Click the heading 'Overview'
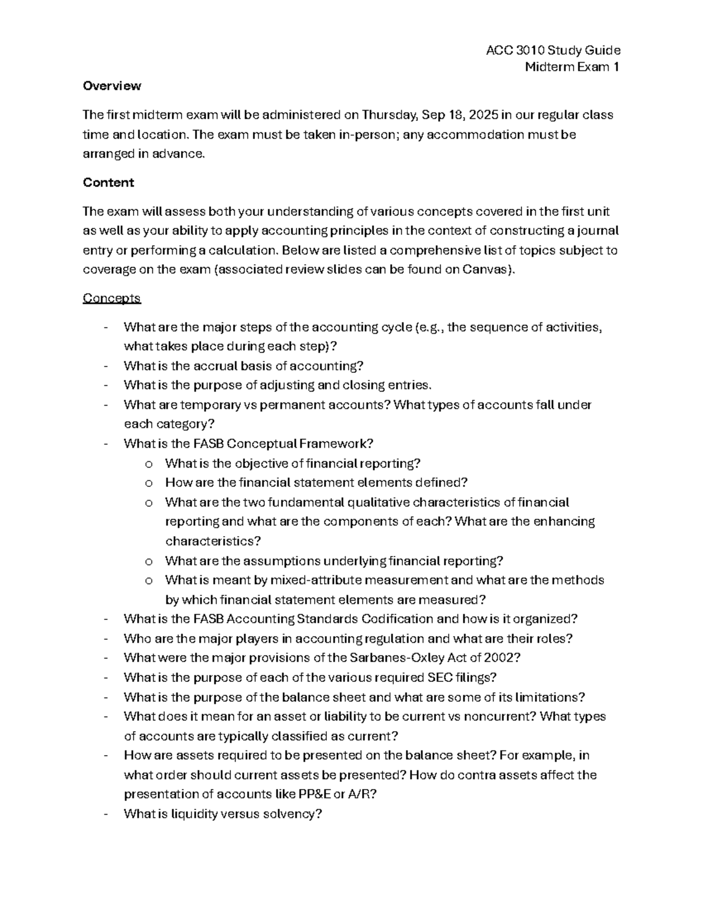pyautogui.click(x=111, y=86)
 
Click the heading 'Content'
pyautogui.click(x=108, y=183)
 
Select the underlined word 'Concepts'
pyautogui.click(x=111, y=299)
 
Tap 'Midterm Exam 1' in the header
pyautogui.click(x=572, y=67)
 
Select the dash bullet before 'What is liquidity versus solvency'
pyautogui.click(x=105, y=814)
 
